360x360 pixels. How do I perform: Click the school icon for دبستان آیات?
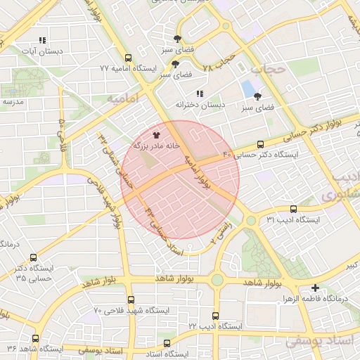43,41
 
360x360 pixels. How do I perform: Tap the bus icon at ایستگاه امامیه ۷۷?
127,58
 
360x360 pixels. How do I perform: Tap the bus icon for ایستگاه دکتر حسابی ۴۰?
261,143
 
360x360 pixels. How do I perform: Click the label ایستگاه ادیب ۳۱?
292,220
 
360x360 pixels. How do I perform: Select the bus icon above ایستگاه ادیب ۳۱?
293,209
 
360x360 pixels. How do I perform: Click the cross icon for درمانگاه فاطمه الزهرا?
315,288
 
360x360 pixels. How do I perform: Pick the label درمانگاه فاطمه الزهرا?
315,300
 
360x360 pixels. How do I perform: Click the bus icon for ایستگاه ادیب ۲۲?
215,316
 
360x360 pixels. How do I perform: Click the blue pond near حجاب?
248,90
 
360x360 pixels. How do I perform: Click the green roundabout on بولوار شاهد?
217,281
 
